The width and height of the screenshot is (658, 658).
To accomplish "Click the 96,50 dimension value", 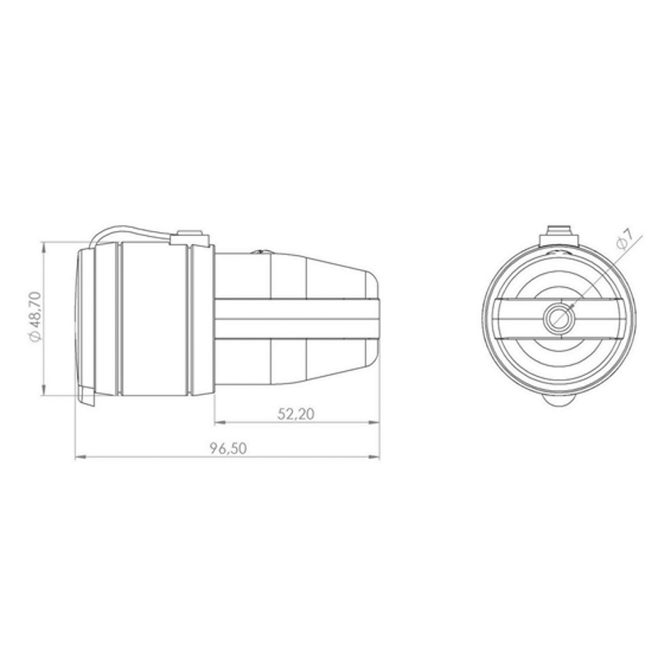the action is click(x=229, y=448).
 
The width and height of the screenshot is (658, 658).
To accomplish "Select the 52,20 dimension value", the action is click(x=296, y=415).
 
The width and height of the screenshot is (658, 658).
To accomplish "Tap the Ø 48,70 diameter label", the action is click(x=35, y=317).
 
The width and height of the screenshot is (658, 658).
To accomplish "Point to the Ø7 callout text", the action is click(x=626, y=239).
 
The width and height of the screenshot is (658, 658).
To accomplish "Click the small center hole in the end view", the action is click(x=558, y=317).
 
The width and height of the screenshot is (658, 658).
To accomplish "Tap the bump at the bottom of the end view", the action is click(x=558, y=400).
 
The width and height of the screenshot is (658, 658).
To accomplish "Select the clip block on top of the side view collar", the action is click(x=190, y=238).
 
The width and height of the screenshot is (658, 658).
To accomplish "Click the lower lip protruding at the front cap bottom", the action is click(x=87, y=396).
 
